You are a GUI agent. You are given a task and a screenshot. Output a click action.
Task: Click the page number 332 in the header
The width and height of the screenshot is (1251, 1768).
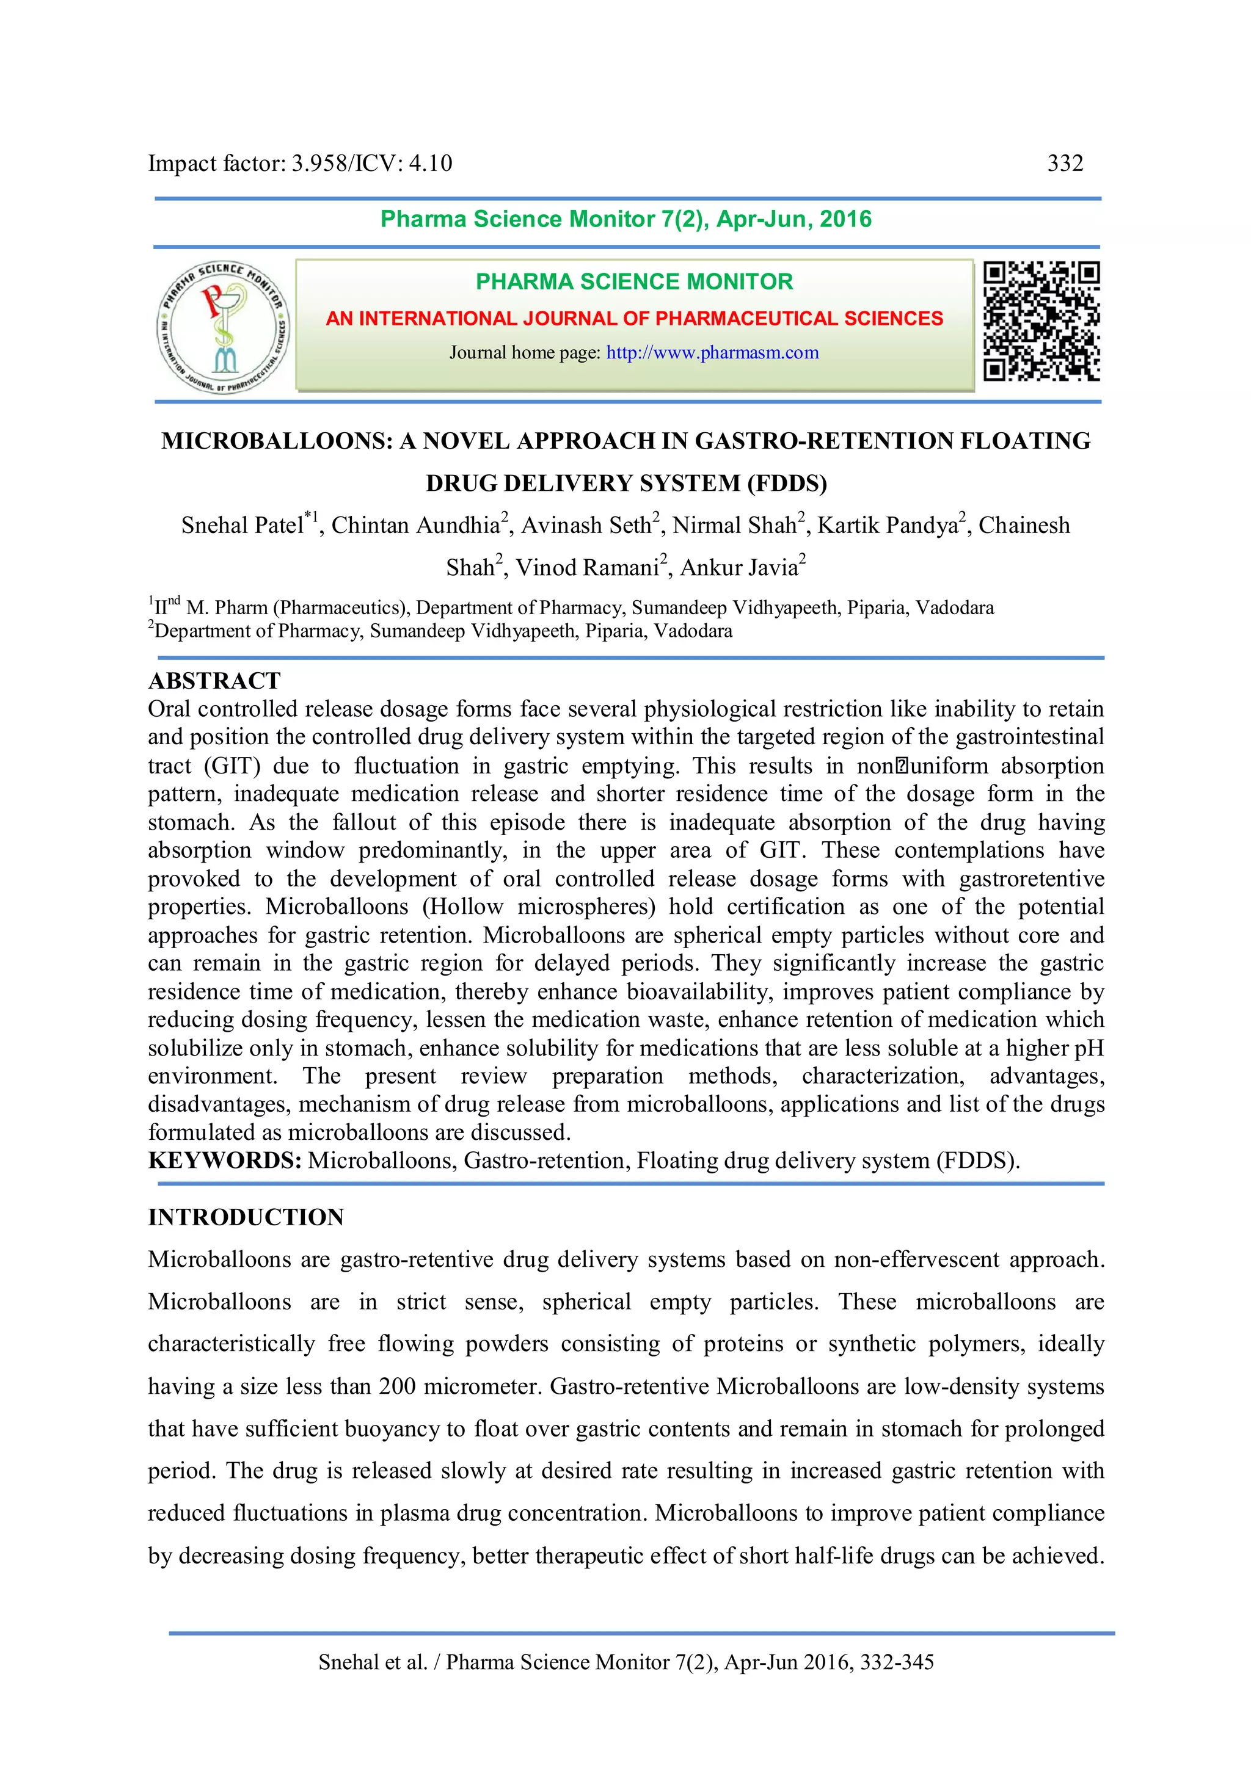click(x=1065, y=163)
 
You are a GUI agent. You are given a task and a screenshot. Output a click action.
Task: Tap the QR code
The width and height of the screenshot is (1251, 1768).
click(x=1041, y=321)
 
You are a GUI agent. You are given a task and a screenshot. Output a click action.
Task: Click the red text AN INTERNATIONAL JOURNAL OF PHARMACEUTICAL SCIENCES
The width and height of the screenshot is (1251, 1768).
click(x=634, y=319)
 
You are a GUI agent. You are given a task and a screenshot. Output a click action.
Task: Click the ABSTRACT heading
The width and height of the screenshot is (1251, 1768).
click(x=214, y=681)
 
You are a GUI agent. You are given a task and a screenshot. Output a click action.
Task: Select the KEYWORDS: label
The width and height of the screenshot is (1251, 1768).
click(x=224, y=1161)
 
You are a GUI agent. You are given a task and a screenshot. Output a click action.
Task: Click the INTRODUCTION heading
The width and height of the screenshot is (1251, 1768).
click(x=246, y=1217)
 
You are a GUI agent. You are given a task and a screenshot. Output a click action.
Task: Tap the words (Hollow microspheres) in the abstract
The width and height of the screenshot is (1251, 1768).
click(x=538, y=907)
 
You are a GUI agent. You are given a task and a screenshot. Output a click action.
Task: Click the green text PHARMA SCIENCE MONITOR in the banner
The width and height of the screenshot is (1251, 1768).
click(x=634, y=282)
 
